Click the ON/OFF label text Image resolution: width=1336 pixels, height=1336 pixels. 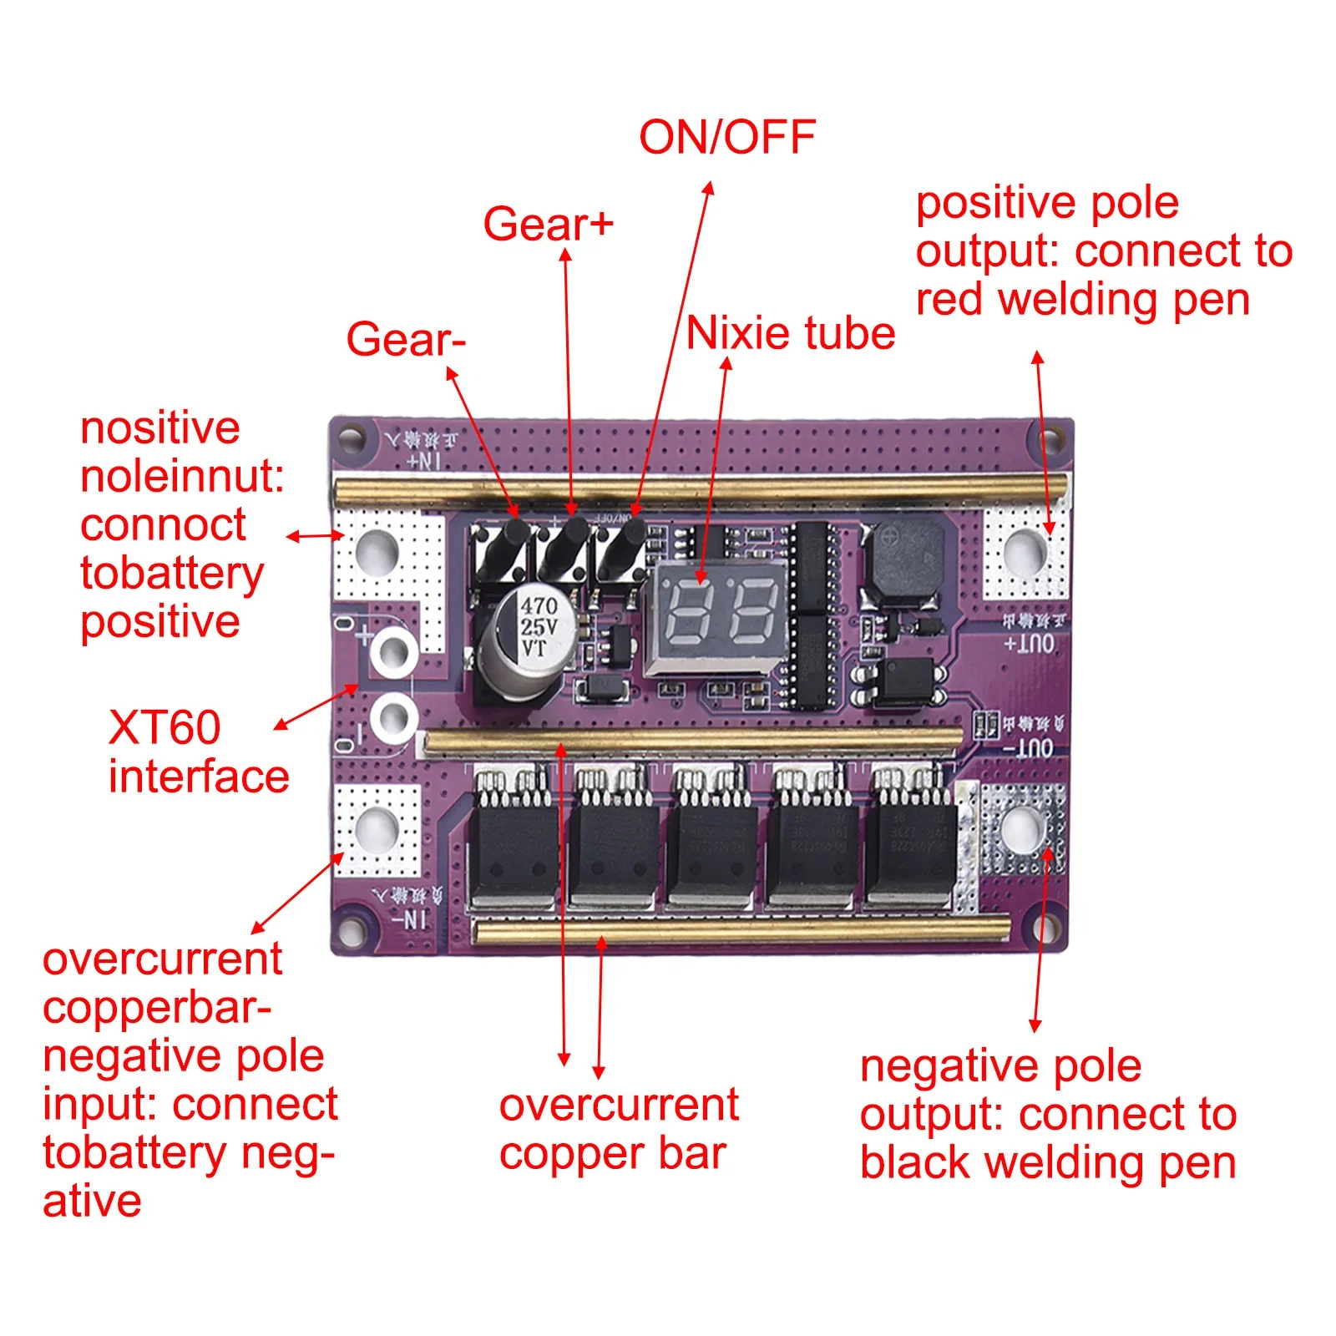(726, 138)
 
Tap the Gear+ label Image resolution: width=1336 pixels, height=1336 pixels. (548, 224)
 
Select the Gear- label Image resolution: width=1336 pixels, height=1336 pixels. (406, 339)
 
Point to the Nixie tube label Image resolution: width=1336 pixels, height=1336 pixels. (790, 333)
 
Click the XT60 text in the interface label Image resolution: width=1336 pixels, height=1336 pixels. (164, 727)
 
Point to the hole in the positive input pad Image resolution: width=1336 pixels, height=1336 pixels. (377, 551)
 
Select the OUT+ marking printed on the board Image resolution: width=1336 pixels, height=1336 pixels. (1029, 644)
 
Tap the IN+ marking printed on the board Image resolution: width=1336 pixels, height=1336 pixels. (423, 460)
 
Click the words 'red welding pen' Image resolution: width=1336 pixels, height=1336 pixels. (1082, 300)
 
